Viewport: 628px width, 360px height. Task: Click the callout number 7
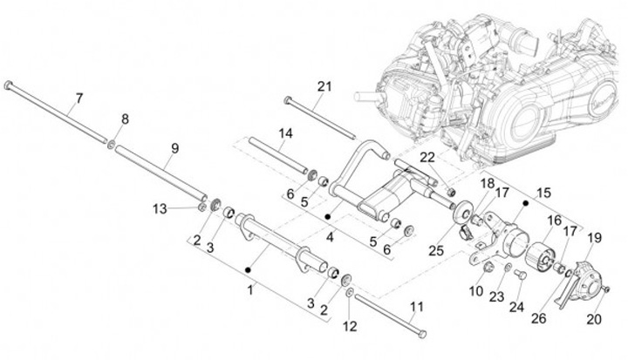(78, 98)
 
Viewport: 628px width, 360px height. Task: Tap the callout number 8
(125, 119)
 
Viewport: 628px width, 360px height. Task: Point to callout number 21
(325, 86)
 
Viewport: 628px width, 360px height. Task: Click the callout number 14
(285, 132)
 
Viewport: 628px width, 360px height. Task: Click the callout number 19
(594, 236)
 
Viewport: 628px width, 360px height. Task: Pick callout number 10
(478, 289)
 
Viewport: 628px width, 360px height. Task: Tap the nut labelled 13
(201, 208)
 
